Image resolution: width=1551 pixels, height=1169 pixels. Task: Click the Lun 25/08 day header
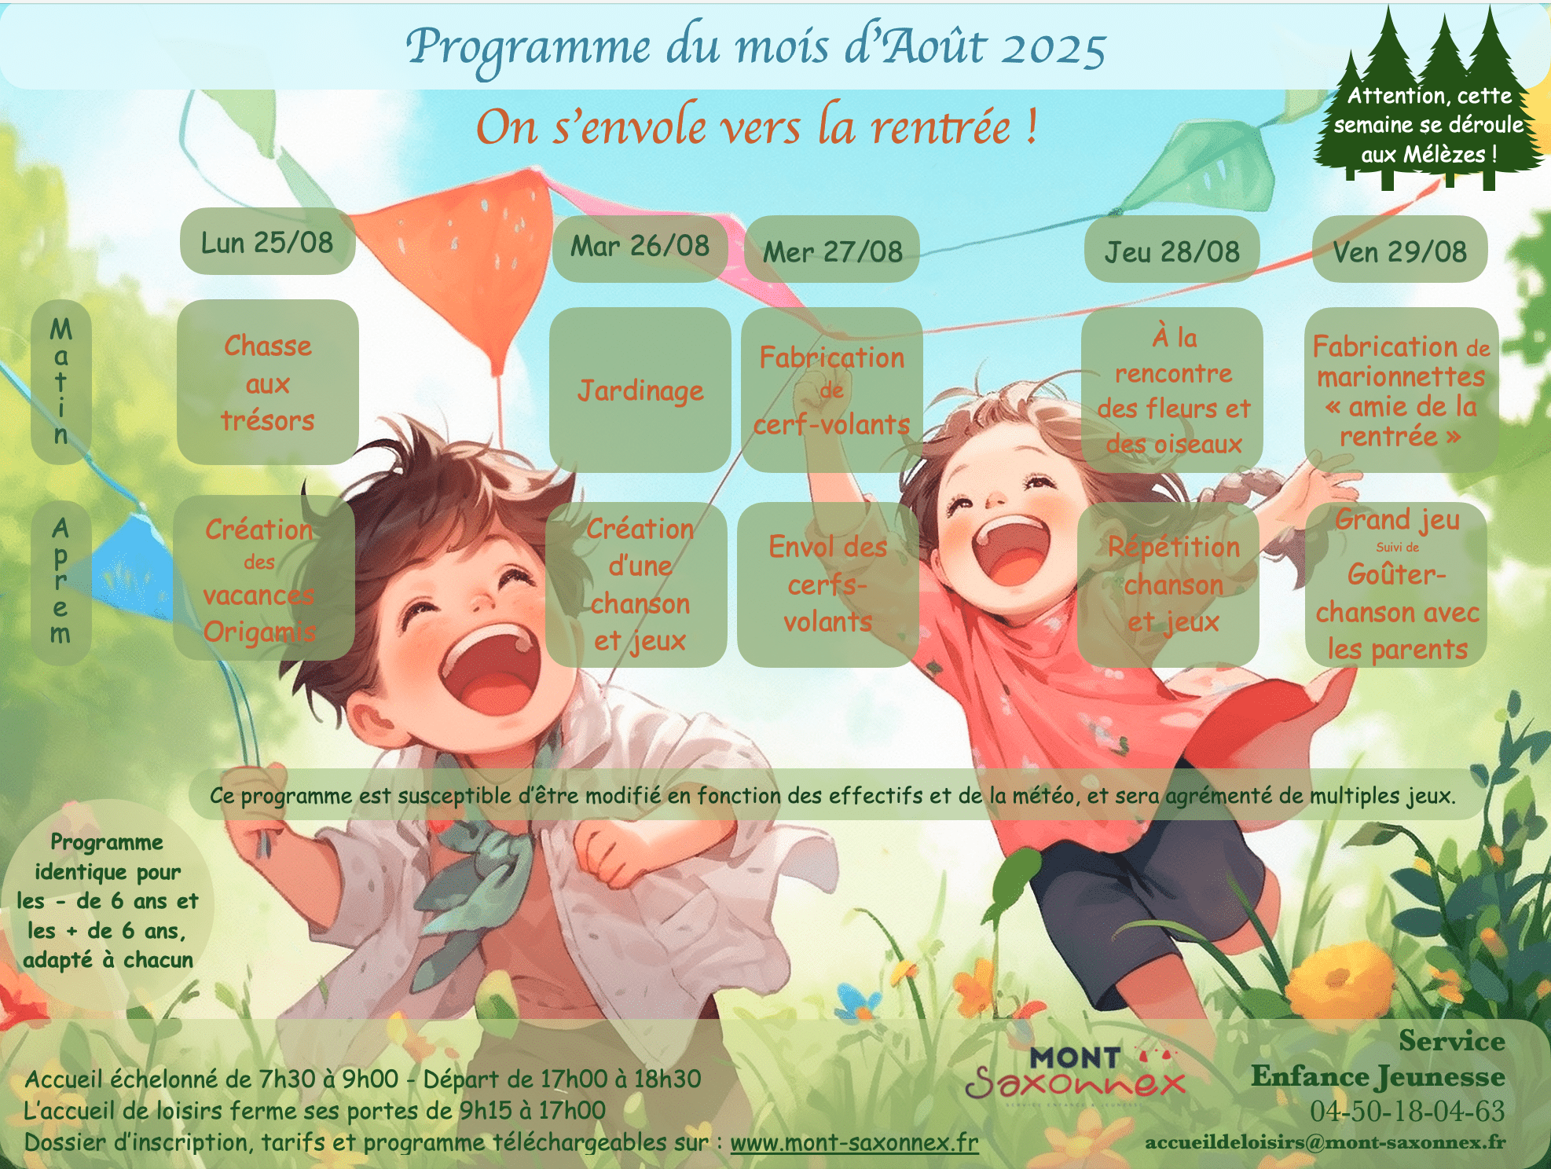tap(267, 242)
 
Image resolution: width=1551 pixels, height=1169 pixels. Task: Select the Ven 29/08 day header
tap(1399, 251)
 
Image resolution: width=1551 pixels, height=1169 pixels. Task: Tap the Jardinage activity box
tap(640, 390)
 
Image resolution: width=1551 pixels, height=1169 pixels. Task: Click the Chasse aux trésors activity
tap(268, 383)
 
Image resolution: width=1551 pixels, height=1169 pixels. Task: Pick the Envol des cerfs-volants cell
tap(828, 584)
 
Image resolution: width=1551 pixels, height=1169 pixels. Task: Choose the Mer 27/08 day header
tap(832, 251)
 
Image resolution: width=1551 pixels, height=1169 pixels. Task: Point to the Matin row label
tap(61, 382)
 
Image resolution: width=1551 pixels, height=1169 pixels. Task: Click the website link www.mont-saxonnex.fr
tap(854, 1142)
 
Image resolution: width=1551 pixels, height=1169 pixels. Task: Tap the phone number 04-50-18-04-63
tap(1407, 1111)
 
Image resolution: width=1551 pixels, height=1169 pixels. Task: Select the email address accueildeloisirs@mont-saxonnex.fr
tap(1325, 1142)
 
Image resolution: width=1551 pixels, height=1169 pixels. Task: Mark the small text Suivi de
tap(1397, 548)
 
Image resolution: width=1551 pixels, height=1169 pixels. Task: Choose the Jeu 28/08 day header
tap(1171, 251)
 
